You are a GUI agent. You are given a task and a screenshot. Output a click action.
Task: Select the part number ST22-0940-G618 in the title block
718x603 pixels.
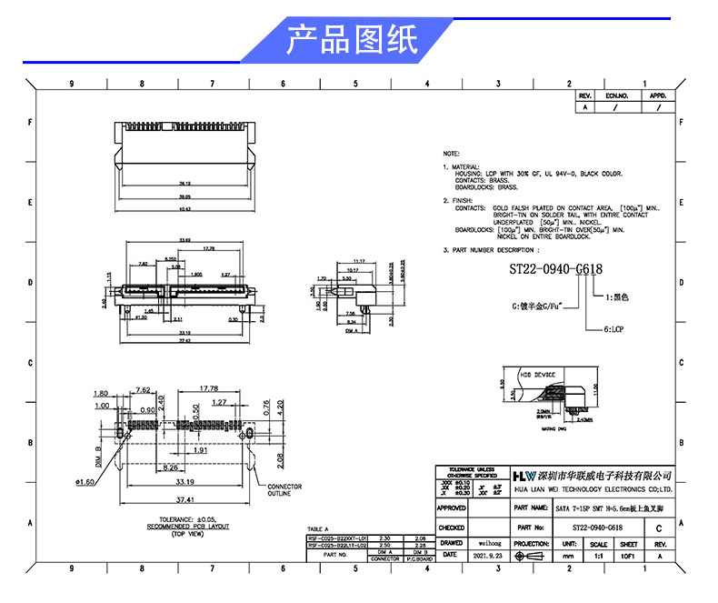[x=597, y=528]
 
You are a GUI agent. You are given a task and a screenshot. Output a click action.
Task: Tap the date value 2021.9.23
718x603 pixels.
[x=488, y=554]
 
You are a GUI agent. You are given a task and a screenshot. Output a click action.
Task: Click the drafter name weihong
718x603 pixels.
[x=488, y=542]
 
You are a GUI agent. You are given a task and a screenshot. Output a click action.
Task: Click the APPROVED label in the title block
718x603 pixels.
[x=452, y=508]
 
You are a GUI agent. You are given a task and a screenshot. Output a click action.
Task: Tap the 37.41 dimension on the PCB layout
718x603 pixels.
[x=185, y=499]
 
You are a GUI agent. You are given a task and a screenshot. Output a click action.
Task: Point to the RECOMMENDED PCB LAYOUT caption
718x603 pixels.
[x=189, y=527]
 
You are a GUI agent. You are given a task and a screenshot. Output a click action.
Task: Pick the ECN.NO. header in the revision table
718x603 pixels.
[x=617, y=95]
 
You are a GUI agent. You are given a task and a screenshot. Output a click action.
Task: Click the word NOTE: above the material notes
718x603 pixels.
[x=452, y=155]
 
